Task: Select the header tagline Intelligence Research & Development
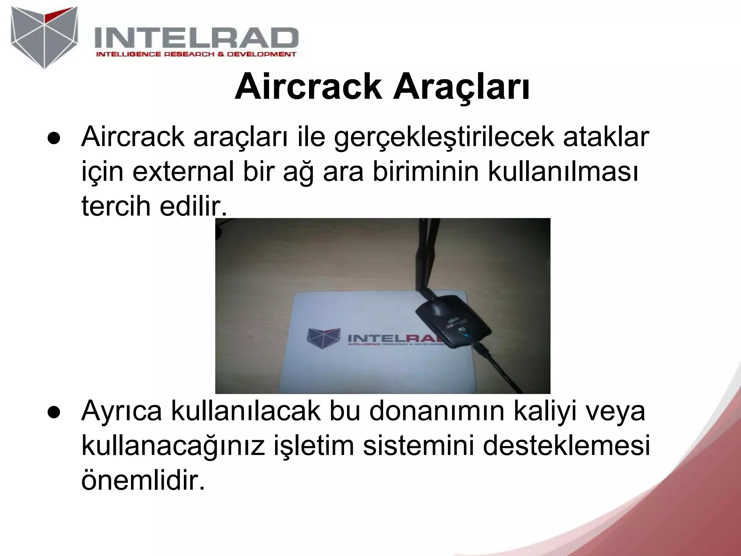tap(196, 54)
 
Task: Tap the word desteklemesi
tap(566, 446)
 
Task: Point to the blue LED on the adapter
tap(467, 337)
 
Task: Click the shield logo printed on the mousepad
tap(323, 338)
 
